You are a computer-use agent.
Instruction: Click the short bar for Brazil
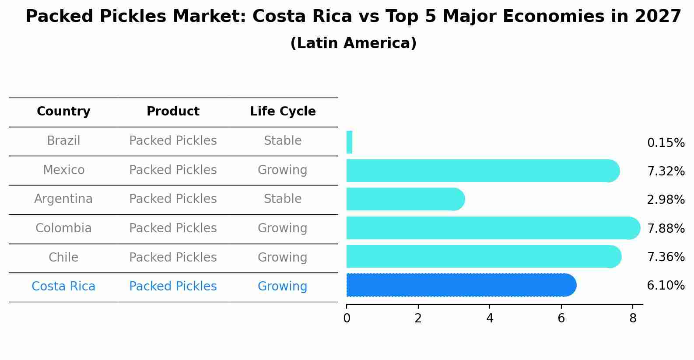pyautogui.click(x=349, y=142)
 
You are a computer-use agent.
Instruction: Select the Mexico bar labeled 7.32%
pyautogui.click(x=481, y=171)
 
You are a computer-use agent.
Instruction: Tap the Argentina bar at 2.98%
pyautogui.click(x=405, y=199)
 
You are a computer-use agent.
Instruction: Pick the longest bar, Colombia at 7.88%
pyautogui.click(x=492, y=228)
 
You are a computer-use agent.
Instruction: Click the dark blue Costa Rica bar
pyautogui.click(x=460, y=285)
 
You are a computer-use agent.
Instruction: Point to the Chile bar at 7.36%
pyautogui.click(x=483, y=256)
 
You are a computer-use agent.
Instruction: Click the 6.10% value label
pyautogui.click(x=666, y=286)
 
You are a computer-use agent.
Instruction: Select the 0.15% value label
pyautogui.click(x=666, y=143)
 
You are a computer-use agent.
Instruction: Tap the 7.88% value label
pyautogui.click(x=666, y=228)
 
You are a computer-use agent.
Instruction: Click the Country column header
pyautogui.click(x=63, y=112)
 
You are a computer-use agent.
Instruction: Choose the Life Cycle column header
pyautogui.click(x=283, y=112)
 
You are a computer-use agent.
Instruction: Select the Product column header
pyautogui.click(x=173, y=112)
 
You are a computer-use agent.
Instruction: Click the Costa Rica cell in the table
pyautogui.click(x=63, y=287)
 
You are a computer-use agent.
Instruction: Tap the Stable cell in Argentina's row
pyautogui.click(x=283, y=199)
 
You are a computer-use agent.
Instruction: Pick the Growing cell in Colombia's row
pyautogui.click(x=283, y=228)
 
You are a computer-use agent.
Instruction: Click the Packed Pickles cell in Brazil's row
pyautogui.click(x=173, y=141)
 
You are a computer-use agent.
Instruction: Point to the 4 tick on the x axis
pyautogui.click(x=490, y=318)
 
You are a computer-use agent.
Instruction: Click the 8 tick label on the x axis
pyautogui.click(x=633, y=318)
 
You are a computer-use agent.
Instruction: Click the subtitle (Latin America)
pyautogui.click(x=353, y=43)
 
